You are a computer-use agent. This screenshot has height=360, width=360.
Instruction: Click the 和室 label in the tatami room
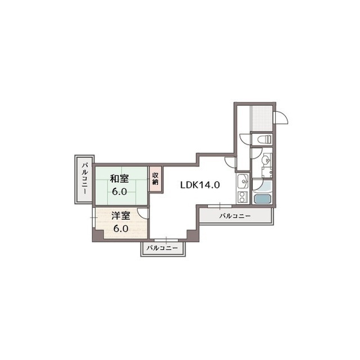[x=119, y=179]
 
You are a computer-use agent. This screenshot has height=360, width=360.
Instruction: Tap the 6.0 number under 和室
[x=119, y=191]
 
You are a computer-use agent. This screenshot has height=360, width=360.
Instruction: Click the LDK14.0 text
[x=200, y=184]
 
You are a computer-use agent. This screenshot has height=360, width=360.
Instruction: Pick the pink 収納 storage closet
[x=155, y=178]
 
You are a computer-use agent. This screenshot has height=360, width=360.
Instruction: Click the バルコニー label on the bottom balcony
[x=162, y=248]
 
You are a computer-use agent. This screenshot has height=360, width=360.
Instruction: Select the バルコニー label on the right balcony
[x=235, y=216]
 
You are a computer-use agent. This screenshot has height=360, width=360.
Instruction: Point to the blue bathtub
[x=262, y=197]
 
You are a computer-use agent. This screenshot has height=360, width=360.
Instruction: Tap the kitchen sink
[x=242, y=181]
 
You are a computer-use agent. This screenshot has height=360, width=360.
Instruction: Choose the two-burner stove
[x=242, y=197]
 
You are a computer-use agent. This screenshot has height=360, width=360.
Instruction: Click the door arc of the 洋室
[x=143, y=213]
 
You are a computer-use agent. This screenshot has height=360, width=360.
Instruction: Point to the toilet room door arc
[x=244, y=139]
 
